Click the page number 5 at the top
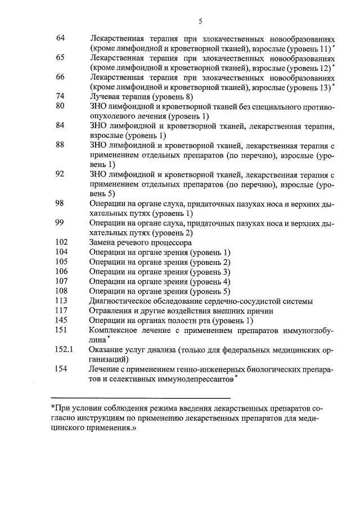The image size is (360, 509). coord(200,21)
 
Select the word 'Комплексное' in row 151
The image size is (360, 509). coord(112,330)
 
